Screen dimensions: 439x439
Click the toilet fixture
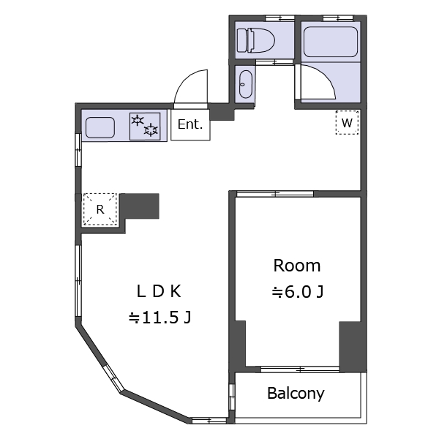tap(256, 40)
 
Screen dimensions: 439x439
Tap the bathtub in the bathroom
tap(331, 42)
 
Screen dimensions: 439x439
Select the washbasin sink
tap(246, 84)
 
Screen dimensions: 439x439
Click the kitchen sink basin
tap(100, 127)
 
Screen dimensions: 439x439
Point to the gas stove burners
tap(145, 127)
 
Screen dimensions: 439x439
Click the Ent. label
tap(190, 124)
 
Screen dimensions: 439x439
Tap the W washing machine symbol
tap(347, 123)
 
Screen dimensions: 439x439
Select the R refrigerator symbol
tap(100, 209)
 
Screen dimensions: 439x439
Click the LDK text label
tap(159, 291)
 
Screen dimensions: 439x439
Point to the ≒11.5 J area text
tap(160, 318)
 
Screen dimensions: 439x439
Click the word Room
tap(297, 266)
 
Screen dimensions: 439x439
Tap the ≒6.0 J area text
tap(298, 292)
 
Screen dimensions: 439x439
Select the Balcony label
tap(296, 394)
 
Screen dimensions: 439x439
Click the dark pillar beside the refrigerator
tap(139, 206)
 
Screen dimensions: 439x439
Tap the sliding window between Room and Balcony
tap(300, 369)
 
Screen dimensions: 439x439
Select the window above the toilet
tap(279, 18)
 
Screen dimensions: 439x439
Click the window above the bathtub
tap(338, 18)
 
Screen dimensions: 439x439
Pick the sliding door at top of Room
tap(275, 194)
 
